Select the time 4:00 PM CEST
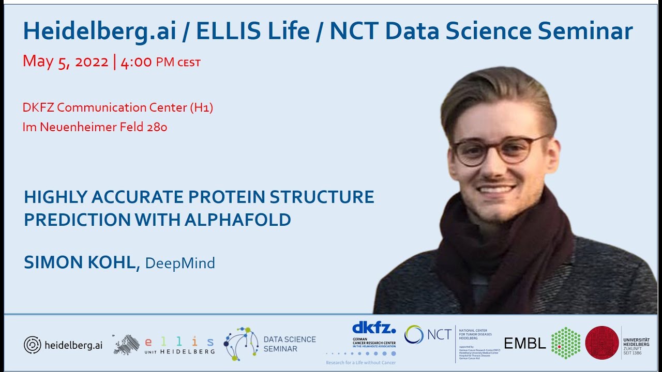coord(160,63)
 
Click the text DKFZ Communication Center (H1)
coord(118,107)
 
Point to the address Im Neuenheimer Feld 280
coord(95,127)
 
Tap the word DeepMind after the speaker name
coord(180,263)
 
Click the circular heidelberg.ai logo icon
coord(32,345)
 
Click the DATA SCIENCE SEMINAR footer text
coord(289,344)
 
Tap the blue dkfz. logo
coord(373,328)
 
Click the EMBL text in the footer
coord(524,344)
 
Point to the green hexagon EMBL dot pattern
coord(565,343)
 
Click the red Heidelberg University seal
coord(601,343)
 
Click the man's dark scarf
coord(496,248)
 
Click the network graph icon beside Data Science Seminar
coord(242,344)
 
